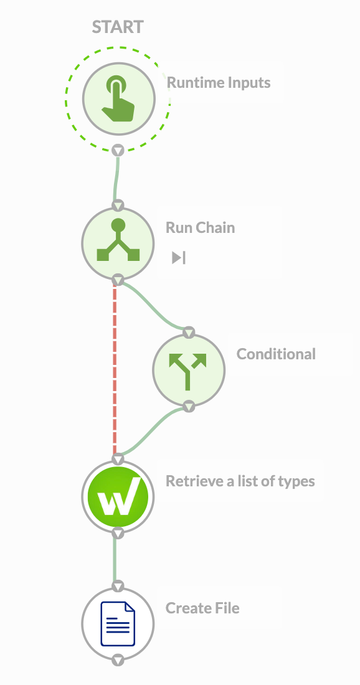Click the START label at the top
tap(118, 27)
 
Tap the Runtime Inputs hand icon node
tap(118, 98)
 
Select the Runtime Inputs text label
tap(219, 82)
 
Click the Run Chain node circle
tap(118, 243)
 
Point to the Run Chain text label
tap(200, 227)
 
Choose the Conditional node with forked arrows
tap(189, 370)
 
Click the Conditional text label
tap(276, 354)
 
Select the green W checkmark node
tap(118, 497)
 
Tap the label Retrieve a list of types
tap(240, 481)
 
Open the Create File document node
tap(118, 623)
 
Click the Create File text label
tap(202, 608)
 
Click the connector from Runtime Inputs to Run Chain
tap(116, 178)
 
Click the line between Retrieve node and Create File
tap(115, 559)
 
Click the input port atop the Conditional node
tap(189, 333)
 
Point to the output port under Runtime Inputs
tap(118, 150)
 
